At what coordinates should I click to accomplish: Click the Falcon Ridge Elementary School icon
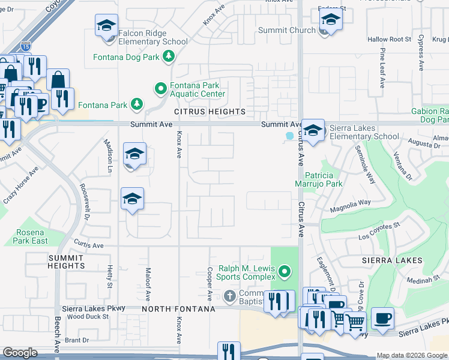tap(106, 27)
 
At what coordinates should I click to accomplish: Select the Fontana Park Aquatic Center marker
tap(160, 89)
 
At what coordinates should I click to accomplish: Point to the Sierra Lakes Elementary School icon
tap(312, 131)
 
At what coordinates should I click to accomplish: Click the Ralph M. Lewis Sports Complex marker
tap(285, 272)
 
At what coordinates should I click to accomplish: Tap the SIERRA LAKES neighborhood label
tap(393, 261)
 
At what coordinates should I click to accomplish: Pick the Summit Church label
tap(286, 30)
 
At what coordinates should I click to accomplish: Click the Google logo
tap(20, 353)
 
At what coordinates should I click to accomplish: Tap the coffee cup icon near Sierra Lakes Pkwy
tap(382, 319)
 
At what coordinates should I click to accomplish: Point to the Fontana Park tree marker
tap(137, 105)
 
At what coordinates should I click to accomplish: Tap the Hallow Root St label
tap(390, 40)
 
